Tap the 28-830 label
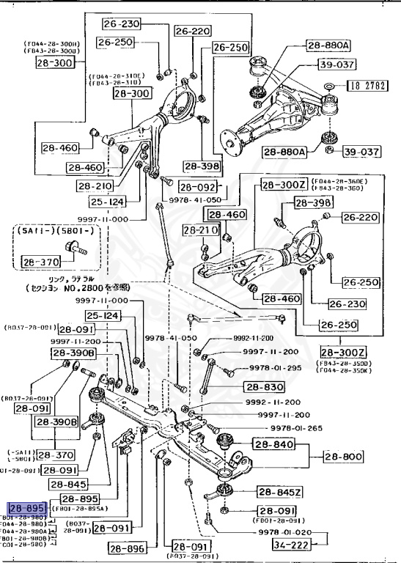[x=262, y=387]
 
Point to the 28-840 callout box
[x=272, y=444]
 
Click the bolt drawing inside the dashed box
[x=79, y=250]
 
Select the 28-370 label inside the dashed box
[x=39, y=261]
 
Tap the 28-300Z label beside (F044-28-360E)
[x=284, y=185]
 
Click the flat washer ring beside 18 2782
[x=330, y=87]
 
